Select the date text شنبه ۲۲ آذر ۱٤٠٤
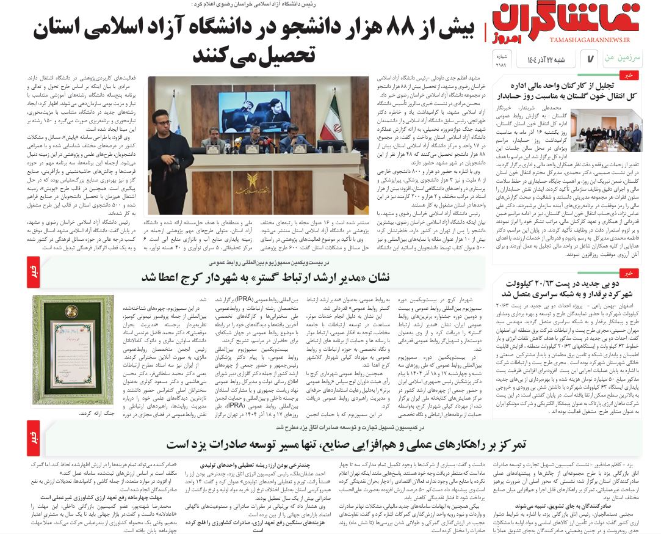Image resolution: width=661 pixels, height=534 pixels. [x=547, y=59]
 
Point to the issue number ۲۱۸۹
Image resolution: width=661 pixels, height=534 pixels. [x=500, y=64]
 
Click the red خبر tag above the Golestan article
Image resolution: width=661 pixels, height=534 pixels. [x=627, y=75]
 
